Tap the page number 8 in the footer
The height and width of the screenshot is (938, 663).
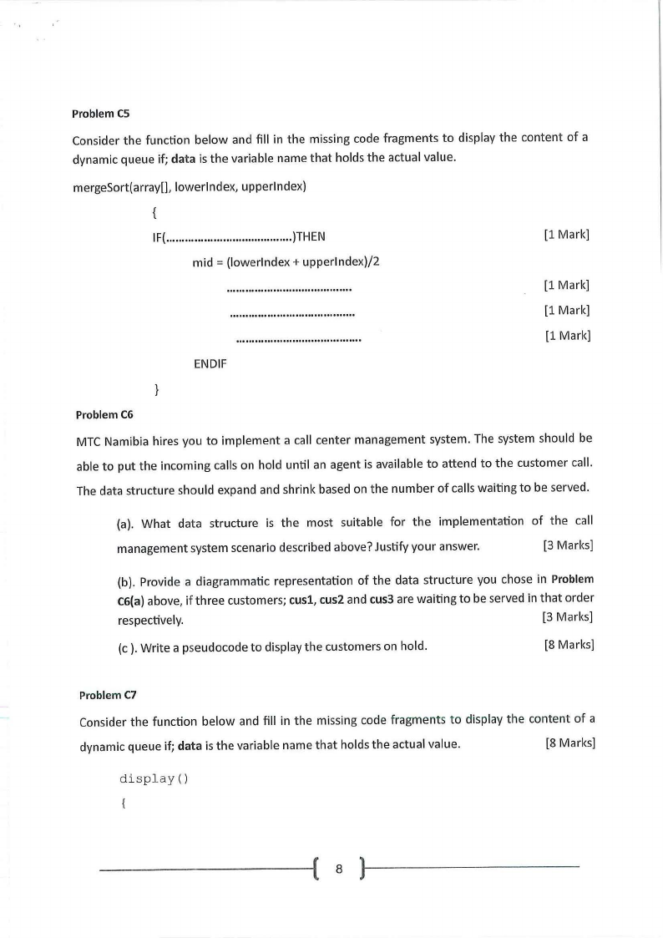339,869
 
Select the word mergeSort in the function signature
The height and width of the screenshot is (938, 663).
101,185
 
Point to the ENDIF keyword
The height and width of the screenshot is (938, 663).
210,363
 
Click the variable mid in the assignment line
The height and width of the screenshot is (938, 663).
202,261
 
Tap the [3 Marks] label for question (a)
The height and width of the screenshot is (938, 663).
568,546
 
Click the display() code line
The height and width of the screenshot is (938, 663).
154,778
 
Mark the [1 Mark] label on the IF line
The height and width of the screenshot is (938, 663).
566,235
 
